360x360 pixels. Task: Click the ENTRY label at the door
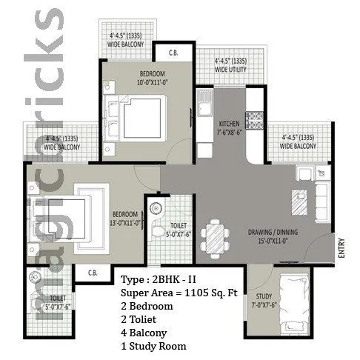pyautogui.click(x=341, y=246)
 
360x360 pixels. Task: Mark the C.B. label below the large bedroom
pyautogui.click(x=93, y=273)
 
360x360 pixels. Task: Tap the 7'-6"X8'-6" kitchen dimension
pyautogui.click(x=228, y=132)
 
